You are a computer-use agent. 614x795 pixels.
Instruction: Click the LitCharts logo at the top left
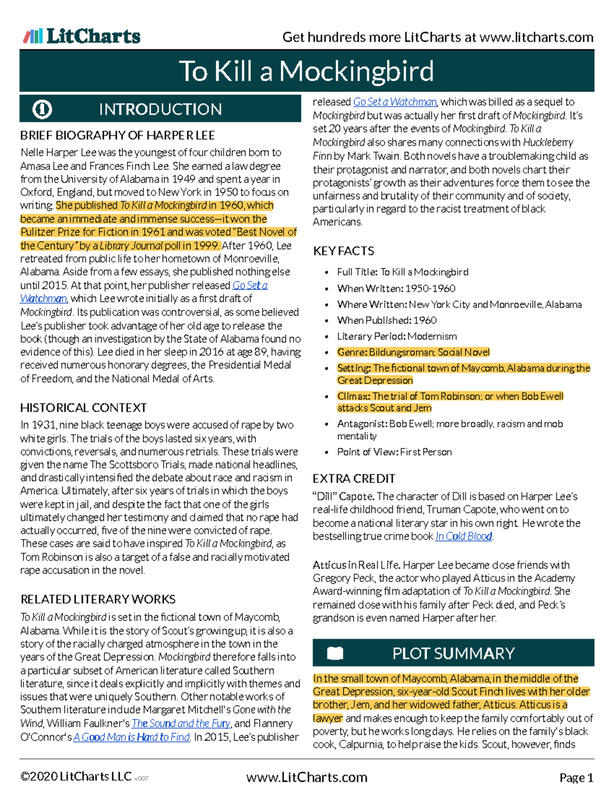coord(82,36)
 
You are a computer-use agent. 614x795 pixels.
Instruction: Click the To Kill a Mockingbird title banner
coord(306,71)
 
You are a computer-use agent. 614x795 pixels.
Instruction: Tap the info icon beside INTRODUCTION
coord(42,109)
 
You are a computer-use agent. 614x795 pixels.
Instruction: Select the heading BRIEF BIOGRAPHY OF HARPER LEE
coord(117,136)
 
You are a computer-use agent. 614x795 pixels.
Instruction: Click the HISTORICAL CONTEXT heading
coord(83,408)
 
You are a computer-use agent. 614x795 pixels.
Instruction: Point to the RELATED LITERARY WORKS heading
coord(98,599)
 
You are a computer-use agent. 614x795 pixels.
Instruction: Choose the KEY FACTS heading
coord(343,251)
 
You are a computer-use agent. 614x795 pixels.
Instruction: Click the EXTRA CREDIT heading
coord(354,479)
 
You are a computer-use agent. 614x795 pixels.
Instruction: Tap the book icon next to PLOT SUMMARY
coord(335,653)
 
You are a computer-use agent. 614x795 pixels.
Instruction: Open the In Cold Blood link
coord(464,536)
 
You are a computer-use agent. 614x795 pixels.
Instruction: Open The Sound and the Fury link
coord(181,723)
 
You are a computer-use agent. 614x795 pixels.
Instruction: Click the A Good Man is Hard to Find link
coord(131,737)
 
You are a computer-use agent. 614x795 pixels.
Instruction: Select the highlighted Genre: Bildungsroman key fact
coord(413,352)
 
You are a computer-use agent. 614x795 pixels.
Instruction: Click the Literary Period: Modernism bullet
coord(397,336)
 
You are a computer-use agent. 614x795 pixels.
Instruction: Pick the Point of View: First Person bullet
coord(394,452)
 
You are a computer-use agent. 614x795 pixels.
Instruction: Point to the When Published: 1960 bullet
coord(386,320)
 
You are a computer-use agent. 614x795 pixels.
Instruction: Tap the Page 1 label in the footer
coord(576,778)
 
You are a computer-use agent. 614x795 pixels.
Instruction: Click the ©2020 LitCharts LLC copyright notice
coord(76,777)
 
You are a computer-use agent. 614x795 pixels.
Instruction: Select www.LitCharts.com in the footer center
coord(306,778)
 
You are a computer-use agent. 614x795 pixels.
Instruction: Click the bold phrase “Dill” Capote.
coord(343,497)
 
